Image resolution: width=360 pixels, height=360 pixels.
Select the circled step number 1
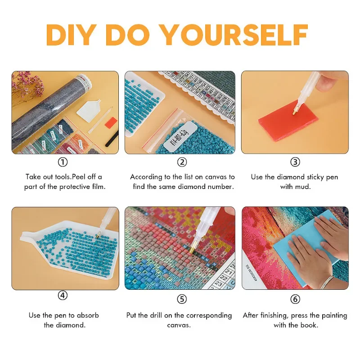pyautogui.click(x=64, y=162)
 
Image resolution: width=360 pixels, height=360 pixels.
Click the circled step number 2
pyautogui.click(x=182, y=162)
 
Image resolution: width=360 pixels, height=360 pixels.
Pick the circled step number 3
pyautogui.click(x=295, y=162)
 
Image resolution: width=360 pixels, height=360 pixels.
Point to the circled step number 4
pyautogui.click(x=63, y=296)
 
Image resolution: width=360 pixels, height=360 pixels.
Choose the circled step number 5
pyautogui.click(x=182, y=298)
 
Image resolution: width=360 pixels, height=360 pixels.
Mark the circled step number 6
pyautogui.click(x=295, y=298)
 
